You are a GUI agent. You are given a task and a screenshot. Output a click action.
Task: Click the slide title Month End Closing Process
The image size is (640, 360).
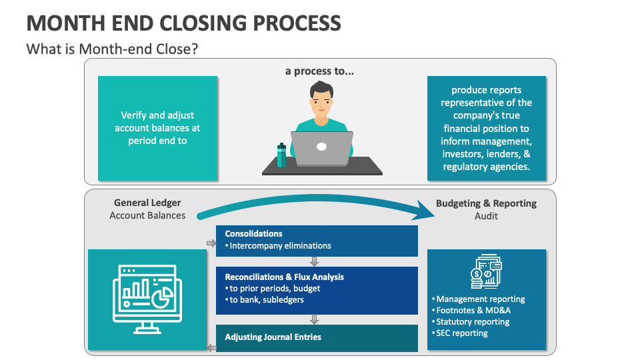pyautogui.click(x=183, y=23)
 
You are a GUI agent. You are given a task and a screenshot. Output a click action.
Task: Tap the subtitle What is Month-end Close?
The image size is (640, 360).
pyautogui.click(x=111, y=49)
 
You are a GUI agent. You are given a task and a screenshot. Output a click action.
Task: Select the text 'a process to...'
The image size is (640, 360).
pyautogui.click(x=320, y=71)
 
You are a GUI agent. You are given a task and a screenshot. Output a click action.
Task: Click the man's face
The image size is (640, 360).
pyautogui.click(x=322, y=102)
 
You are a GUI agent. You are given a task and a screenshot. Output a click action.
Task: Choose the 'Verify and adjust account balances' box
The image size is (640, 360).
pyautogui.click(x=157, y=128)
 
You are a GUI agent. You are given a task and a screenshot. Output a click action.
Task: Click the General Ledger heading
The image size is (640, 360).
pyautogui.click(x=147, y=203)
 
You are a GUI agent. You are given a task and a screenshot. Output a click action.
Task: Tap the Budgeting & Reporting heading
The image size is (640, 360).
pyautogui.click(x=486, y=203)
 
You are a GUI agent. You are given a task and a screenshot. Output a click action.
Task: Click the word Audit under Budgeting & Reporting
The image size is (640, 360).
pyautogui.click(x=486, y=216)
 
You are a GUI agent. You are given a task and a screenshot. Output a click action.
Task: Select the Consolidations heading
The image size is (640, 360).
pyautogui.click(x=254, y=234)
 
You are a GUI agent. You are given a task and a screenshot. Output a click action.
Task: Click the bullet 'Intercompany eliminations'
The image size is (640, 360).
pyautogui.click(x=280, y=245)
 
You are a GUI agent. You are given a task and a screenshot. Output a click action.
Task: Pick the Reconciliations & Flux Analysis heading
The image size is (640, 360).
pyautogui.click(x=285, y=277)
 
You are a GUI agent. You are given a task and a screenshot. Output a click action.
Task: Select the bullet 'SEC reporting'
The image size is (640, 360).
pyautogui.click(x=462, y=333)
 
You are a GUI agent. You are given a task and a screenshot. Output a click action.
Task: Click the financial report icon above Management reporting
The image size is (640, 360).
pyautogui.click(x=486, y=273)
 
